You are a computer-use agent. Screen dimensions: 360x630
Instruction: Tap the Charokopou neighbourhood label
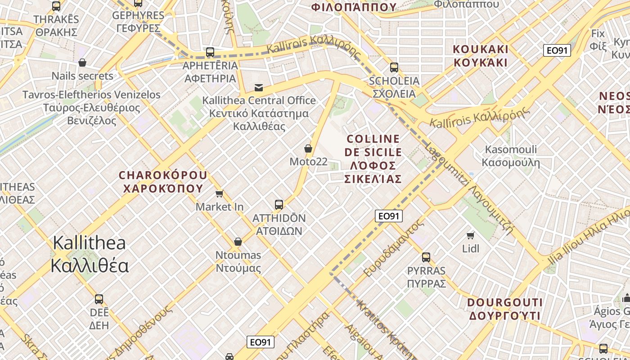pyautogui.click(x=163, y=181)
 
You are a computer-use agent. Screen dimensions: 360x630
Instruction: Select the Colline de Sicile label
pyautogui.click(x=373, y=159)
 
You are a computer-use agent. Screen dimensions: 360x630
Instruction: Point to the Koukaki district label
pyautogui.click(x=481, y=56)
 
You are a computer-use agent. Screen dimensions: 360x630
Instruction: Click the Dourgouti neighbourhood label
pyautogui.click(x=505, y=309)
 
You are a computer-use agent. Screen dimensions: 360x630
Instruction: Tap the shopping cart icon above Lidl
pyautogui.click(x=471, y=235)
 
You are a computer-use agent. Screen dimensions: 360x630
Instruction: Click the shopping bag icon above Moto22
pyautogui.click(x=308, y=148)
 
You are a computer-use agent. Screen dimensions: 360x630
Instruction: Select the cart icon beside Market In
pyautogui.click(x=219, y=194)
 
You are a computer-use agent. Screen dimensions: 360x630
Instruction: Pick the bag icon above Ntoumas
pyautogui.click(x=238, y=242)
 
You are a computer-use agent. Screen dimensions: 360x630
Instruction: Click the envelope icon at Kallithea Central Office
pyautogui.click(x=259, y=87)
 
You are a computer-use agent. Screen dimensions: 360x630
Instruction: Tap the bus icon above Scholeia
pyautogui.click(x=394, y=67)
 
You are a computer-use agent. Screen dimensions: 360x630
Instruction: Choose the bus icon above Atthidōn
pyautogui.click(x=279, y=205)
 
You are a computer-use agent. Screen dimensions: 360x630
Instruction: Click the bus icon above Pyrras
pyautogui.click(x=426, y=257)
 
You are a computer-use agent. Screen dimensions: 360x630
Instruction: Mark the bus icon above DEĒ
pyautogui.click(x=99, y=299)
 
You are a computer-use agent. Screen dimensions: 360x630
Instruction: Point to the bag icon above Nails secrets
pyautogui.click(x=82, y=63)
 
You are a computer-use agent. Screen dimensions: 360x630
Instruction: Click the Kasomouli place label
pyautogui.click(x=511, y=156)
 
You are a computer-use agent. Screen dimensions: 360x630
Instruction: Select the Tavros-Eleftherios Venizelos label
pyautogui.click(x=91, y=108)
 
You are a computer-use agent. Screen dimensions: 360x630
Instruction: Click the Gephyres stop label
pyautogui.click(x=138, y=22)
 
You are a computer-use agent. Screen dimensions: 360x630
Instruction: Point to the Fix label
pyautogui.click(x=598, y=40)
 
